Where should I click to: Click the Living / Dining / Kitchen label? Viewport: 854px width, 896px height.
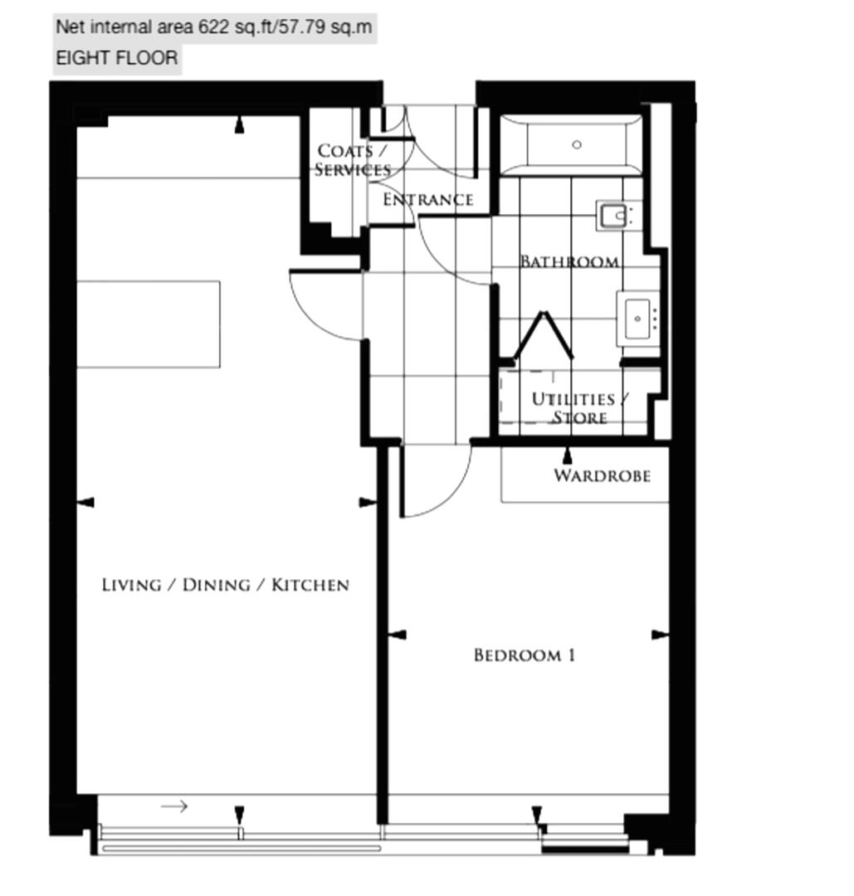pyautogui.click(x=225, y=585)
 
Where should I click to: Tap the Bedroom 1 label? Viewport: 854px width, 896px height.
pyautogui.click(x=525, y=655)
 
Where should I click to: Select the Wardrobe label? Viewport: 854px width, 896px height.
pyautogui.click(x=602, y=475)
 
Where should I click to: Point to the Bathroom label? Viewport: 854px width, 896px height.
pyautogui.click(x=569, y=261)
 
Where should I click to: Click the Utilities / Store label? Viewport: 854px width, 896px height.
pyautogui.click(x=579, y=408)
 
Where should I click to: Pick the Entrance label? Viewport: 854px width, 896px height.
pyautogui.click(x=427, y=199)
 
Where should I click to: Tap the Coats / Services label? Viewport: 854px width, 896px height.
pyautogui.click(x=352, y=160)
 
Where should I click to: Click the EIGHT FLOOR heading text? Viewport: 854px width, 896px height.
pyautogui.click(x=117, y=58)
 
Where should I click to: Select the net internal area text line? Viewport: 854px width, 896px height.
pyautogui.click(x=214, y=27)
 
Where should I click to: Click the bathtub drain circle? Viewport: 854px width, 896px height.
pyautogui.click(x=577, y=144)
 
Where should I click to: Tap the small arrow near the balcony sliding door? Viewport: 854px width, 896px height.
pyautogui.click(x=174, y=806)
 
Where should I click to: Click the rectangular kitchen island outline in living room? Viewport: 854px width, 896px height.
pyautogui.click(x=149, y=324)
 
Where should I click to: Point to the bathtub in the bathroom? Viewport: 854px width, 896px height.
pyautogui.click(x=571, y=145)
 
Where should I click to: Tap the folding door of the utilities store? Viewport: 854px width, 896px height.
pyautogui.click(x=543, y=335)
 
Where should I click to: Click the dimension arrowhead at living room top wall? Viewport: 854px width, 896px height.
pyautogui.click(x=240, y=125)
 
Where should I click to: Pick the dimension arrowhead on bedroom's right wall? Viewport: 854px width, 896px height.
pyautogui.click(x=660, y=635)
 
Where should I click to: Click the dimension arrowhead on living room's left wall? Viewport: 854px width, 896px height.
pyautogui.click(x=85, y=502)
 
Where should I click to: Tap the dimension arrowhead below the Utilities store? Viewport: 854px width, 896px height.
pyautogui.click(x=567, y=455)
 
